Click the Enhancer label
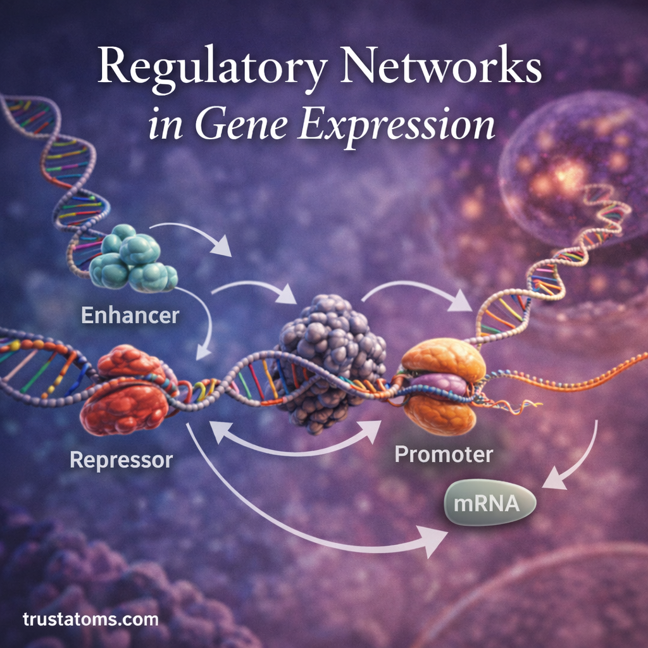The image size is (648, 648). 130,315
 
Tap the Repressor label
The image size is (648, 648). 121,459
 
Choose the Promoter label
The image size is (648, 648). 444,454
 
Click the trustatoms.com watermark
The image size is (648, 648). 90,618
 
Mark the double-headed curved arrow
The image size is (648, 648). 295,443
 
